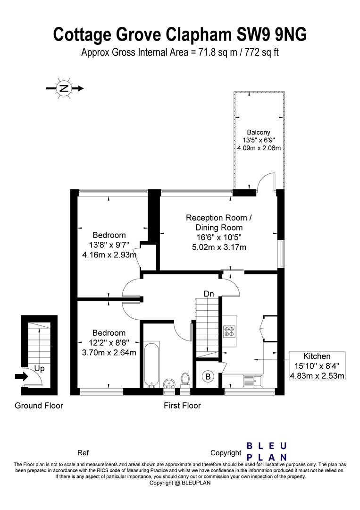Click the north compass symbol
(64, 88)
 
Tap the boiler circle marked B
(208, 377)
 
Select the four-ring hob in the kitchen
(229, 331)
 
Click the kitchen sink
(253, 380)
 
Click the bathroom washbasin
(169, 383)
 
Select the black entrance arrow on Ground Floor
(22, 377)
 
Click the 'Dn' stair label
(209, 294)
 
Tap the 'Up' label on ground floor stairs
(39, 368)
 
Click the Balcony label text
(259, 132)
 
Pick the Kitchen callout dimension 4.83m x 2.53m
(317, 376)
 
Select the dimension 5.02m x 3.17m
(219, 247)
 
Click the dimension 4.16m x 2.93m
(109, 255)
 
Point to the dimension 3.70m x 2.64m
(109, 352)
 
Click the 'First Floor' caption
(182, 406)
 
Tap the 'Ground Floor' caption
(39, 406)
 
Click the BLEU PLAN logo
(267, 451)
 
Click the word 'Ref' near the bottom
(83, 453)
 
